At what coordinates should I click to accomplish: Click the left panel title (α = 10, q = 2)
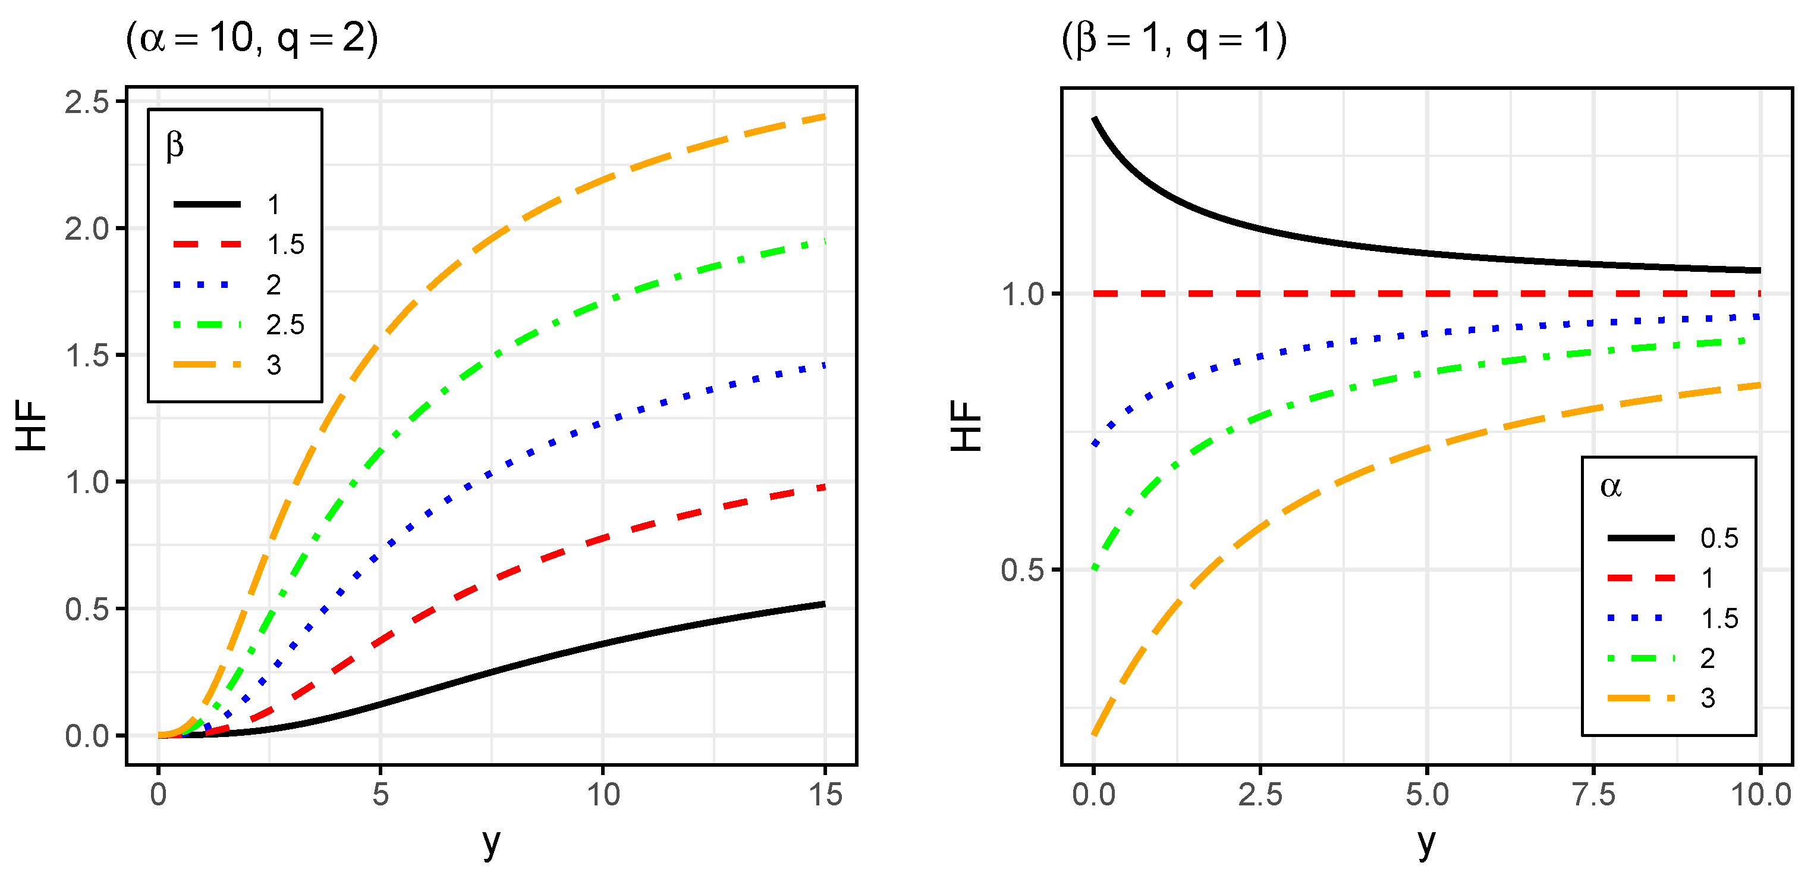tap(251, 38)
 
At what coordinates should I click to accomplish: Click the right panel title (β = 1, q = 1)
tap(1174, 38)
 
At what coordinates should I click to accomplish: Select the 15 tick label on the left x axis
tap(825, 795)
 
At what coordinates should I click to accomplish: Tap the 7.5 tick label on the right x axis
tap(1593, 795)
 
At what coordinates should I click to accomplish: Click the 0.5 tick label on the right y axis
tap(1022, 570)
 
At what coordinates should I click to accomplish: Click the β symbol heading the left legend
tap(175, 146)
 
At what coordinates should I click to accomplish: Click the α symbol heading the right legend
tap(1611, 486)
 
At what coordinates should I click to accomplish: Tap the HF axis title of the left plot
tap(32, 425)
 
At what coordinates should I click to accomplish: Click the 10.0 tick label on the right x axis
tap(1760, 795)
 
